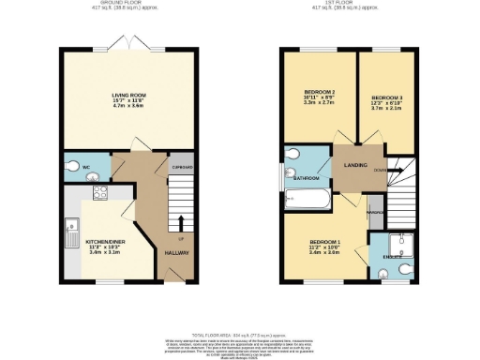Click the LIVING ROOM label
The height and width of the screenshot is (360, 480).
pos(128,96)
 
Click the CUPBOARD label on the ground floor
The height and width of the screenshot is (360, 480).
pos(182,168)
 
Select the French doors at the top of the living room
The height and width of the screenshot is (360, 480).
pos(129,46)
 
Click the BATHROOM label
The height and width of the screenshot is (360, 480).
pos(306,177)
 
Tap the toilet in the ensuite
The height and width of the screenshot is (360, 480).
pos(405,269)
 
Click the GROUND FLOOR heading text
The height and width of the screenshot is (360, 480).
pos(127,5)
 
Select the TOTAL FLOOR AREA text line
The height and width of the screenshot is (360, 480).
pos(240,334)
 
